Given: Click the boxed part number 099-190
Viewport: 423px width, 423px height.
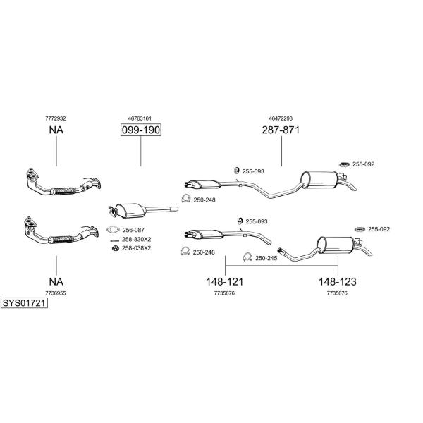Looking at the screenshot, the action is point(140,130).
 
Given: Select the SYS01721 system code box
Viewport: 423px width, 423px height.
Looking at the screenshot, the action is point(24,303).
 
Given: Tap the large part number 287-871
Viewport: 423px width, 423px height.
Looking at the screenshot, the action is point(281,130).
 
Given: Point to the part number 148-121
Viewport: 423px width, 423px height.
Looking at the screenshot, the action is point(225,282).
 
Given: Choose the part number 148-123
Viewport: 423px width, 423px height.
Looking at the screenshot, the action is point(338,282).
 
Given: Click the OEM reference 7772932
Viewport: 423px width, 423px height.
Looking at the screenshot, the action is point(56,118).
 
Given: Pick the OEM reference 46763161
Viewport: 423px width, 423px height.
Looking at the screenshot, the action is point(140,118).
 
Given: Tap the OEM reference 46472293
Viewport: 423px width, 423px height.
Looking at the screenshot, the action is point(281,118).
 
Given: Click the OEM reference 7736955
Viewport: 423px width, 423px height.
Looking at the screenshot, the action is point(56,293).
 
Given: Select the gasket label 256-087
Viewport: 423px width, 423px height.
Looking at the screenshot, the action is point(133,230).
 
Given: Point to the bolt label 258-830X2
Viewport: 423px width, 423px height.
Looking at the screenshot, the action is point(137,239).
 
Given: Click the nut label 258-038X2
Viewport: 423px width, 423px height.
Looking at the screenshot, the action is point(137,248).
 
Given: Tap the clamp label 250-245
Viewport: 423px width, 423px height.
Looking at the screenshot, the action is point(266,258).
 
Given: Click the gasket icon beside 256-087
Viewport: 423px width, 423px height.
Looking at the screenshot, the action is point(113,230).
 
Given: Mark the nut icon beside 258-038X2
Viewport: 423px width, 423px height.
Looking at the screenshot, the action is point(116,248).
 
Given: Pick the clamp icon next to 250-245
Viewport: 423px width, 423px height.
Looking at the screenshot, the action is point(247,257).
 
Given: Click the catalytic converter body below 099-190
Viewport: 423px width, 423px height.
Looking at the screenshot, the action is point(131,210).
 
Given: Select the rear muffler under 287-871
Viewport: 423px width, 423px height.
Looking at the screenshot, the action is point(319,180).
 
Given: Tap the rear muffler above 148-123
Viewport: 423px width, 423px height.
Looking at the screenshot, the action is point(335,245).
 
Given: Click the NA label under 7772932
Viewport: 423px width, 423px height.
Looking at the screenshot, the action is point(56,130).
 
